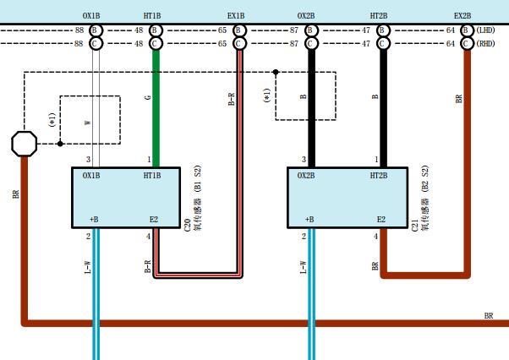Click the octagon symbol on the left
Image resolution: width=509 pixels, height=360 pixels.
24,144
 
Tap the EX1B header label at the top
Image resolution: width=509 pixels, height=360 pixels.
236,15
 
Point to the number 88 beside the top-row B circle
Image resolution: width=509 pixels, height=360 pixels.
79,30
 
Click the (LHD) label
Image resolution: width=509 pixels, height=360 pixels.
485,30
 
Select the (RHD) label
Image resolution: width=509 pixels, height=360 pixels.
485,43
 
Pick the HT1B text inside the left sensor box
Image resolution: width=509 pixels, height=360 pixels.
152,176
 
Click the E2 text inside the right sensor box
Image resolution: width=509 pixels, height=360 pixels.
381,220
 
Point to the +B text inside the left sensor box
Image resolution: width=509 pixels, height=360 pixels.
94,220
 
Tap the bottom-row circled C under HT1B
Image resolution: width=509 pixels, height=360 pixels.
155,43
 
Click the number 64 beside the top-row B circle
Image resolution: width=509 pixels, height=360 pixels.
451,30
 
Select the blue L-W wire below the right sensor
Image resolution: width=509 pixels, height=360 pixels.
310,296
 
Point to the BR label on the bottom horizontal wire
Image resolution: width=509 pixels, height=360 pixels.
488,316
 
